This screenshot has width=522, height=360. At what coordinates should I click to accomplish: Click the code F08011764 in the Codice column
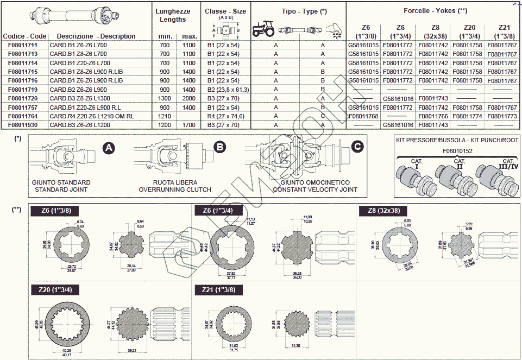[23, 116]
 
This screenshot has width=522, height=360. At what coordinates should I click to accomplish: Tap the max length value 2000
[189, 98]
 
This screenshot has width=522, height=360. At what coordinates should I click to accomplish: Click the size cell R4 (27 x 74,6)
[226, 116]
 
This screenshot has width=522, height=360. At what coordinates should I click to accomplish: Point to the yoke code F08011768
[363, 116]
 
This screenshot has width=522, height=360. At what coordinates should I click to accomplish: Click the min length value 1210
[165, 116]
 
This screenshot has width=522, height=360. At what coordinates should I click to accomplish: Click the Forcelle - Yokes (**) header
[436, 11]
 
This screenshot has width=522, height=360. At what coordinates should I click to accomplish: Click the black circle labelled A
[109, 147]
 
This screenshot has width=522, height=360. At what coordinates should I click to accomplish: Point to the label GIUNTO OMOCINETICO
[315, 182]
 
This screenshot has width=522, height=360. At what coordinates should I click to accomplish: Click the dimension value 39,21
[131, 351]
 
